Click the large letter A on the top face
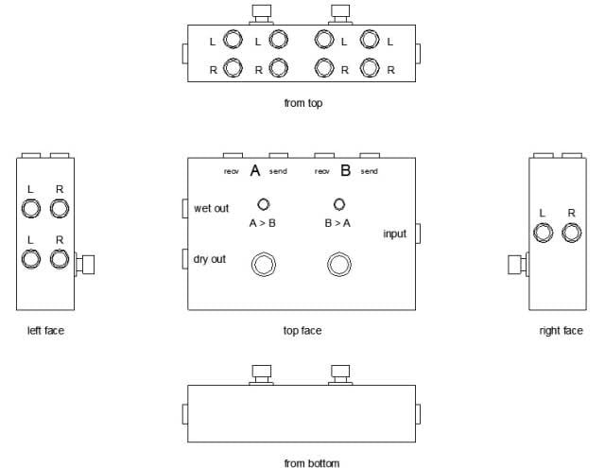point(255,170)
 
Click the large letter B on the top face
point(346,170)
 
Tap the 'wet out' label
point(211,208)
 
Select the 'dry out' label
point(210,259)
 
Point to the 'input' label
point(395,234)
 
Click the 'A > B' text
point(263,223)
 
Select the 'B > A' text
point(337,223)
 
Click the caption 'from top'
point(303,103)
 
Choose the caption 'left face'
point(45,331)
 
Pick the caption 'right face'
point(561,331)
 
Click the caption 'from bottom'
point(312,463)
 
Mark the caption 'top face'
point(302,331)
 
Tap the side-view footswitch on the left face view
point(84,265)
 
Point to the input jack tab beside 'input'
point(418,234)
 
